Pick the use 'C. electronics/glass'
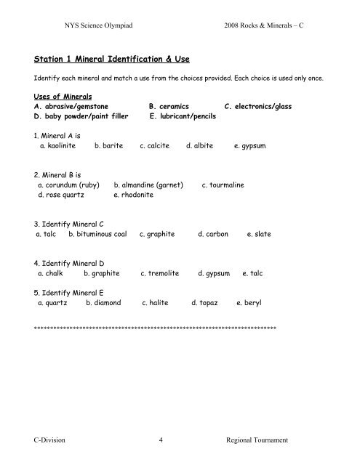pos(258,105)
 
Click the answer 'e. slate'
pos(259,235)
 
